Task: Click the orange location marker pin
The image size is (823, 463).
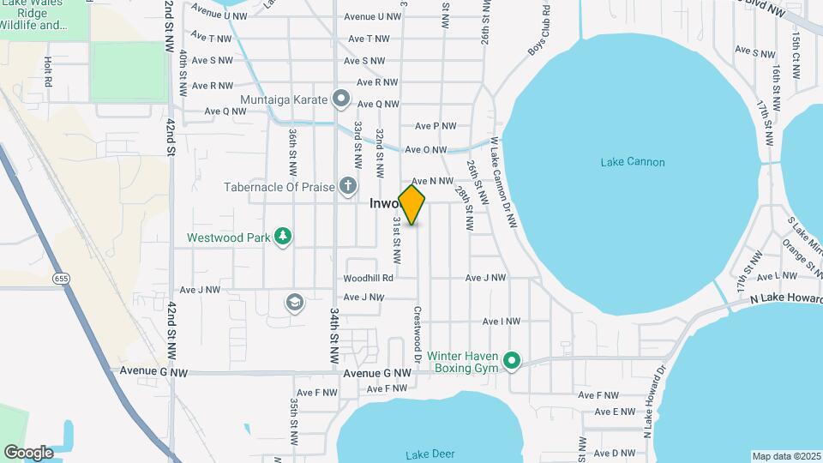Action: pos(411,205)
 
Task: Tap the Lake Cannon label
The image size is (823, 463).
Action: pos(633,162)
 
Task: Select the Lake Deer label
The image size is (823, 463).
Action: pos(431,454)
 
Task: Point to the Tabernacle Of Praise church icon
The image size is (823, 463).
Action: pos(347,185)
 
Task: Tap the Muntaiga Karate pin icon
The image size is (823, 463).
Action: pos(341,99)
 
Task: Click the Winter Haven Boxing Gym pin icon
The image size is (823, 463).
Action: pos(512,361)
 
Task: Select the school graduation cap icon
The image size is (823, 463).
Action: pos(295,302)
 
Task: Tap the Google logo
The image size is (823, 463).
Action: pos(28,452)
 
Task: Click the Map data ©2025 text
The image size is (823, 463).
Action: pos(786,456)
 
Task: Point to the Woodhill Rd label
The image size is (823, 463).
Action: pos(368,278)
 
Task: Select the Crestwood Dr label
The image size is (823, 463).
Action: pos(418,329)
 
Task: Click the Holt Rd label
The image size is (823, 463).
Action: pos(48,72)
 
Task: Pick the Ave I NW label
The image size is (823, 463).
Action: pos(502,322)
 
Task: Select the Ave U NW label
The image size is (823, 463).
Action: pos(372,16)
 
